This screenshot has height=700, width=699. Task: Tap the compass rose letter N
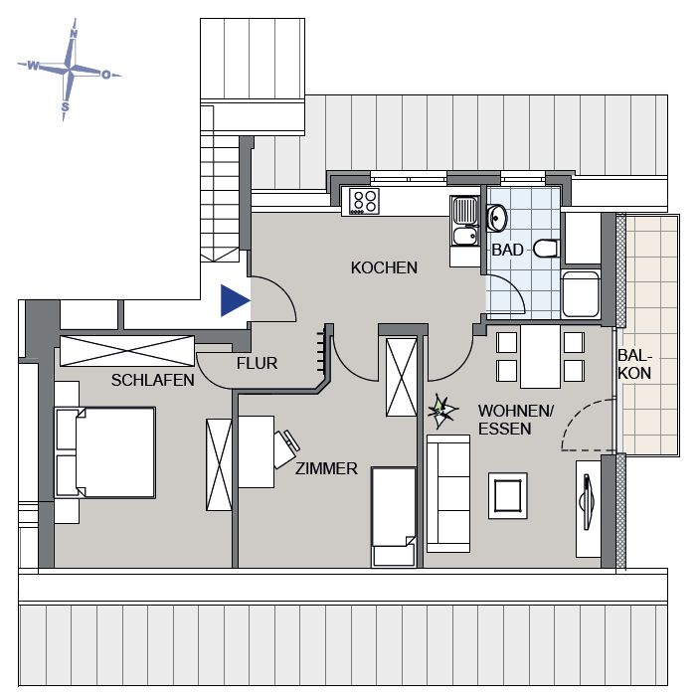click(x=73, y=33)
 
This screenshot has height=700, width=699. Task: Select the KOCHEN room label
click(x=384, y=267)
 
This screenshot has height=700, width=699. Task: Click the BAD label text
click(x=507, y=250)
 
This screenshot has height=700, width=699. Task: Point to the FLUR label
click(x=257, y=364)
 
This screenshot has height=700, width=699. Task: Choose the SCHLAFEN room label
click(x=153, y=380)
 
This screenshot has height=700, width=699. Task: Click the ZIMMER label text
click(x=326, y=468)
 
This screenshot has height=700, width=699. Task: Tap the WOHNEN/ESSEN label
click(x=504, y=420)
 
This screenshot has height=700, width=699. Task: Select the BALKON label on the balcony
click(x=634, y=364)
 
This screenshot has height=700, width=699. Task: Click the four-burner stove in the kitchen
click(x=364, y=202)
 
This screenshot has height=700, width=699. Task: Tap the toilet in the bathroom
click(x=545, y=249)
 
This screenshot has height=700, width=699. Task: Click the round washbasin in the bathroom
click(x=497, y=216)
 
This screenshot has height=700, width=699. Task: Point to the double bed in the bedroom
click(x=105, y=452)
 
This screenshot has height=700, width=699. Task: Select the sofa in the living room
click(x=448, y=492)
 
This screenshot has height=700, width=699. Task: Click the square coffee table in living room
click(x=510, y=494)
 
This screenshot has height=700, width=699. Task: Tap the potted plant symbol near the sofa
click(x=440, y=410)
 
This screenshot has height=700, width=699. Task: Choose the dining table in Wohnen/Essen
click(x=540, y=357)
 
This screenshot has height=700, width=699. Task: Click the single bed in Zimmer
click(x=393, y=517)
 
